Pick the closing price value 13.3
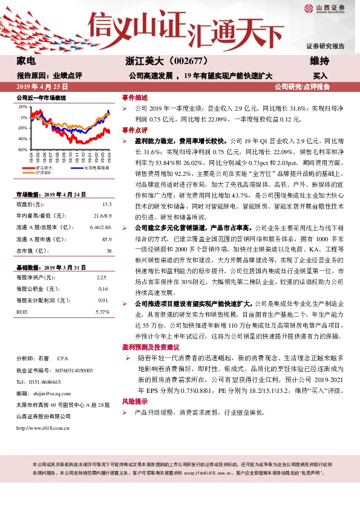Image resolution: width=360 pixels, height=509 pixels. [106, 204]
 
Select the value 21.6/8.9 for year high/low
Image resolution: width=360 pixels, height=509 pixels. [102, 215]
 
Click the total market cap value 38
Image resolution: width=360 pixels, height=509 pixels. [108, 251]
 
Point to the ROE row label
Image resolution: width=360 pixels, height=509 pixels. [22, 311]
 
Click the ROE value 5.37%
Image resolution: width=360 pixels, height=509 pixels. [102, 311]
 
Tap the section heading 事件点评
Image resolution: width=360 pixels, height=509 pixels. [135, 130]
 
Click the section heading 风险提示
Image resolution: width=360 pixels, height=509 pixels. [135, 401]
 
